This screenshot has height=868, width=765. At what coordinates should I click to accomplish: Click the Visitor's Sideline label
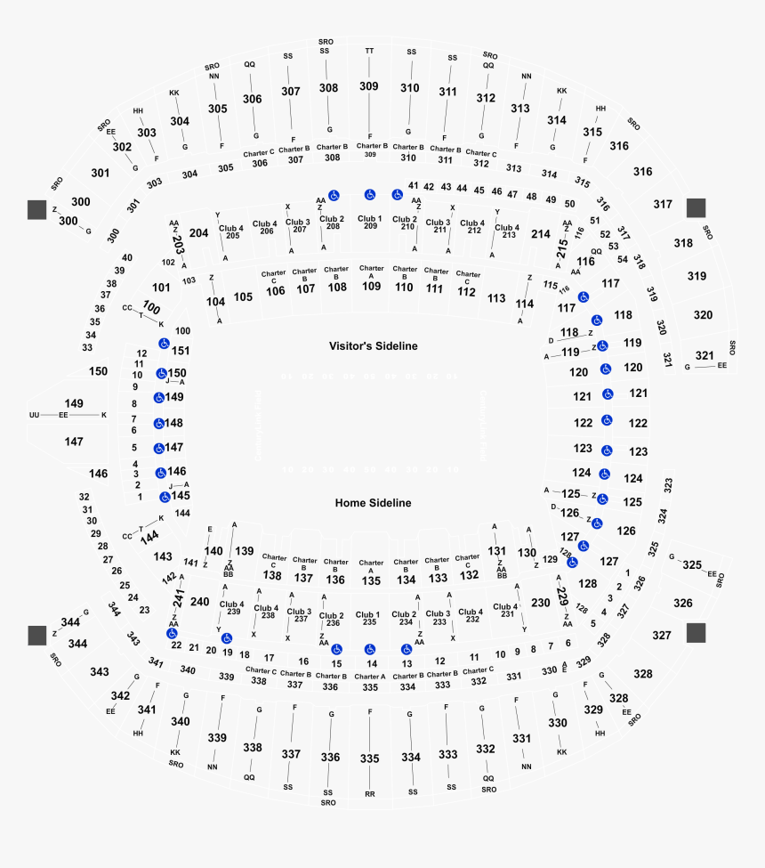373,346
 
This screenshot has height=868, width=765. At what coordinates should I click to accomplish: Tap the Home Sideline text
373,503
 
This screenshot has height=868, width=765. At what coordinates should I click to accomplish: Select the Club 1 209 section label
370,222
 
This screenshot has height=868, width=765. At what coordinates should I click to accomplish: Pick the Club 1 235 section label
367,619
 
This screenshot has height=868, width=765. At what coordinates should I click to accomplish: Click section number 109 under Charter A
371,287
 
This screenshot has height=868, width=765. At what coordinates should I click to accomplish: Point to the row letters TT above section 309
369,51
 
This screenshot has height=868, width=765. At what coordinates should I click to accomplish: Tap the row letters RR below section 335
369,793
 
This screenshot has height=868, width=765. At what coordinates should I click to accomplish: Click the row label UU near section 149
35,416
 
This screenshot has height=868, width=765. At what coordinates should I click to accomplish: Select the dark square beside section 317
696,207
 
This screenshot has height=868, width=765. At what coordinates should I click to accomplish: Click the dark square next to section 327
696,632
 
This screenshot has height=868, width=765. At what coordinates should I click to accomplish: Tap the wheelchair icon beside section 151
164,344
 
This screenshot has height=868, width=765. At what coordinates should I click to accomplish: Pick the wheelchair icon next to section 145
165,497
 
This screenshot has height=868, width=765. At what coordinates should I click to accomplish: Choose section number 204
198,233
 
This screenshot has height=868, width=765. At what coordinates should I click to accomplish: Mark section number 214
540,234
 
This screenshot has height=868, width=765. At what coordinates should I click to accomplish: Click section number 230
540,603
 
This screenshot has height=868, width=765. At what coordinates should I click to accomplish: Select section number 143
162,556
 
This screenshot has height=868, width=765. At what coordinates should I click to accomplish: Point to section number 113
496,298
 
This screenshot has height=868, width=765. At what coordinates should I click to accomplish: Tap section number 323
668,485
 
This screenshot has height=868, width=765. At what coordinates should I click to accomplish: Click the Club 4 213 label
505,231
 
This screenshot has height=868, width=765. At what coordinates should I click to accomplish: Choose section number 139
244,551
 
